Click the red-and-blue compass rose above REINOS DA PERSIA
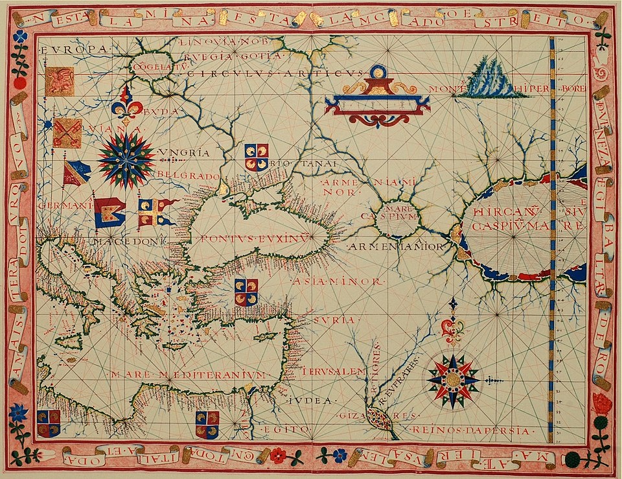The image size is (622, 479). click(x=453, y=380)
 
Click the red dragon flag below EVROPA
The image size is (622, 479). click(x=60, y=81)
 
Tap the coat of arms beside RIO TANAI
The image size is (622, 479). click(x=256, y=157)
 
